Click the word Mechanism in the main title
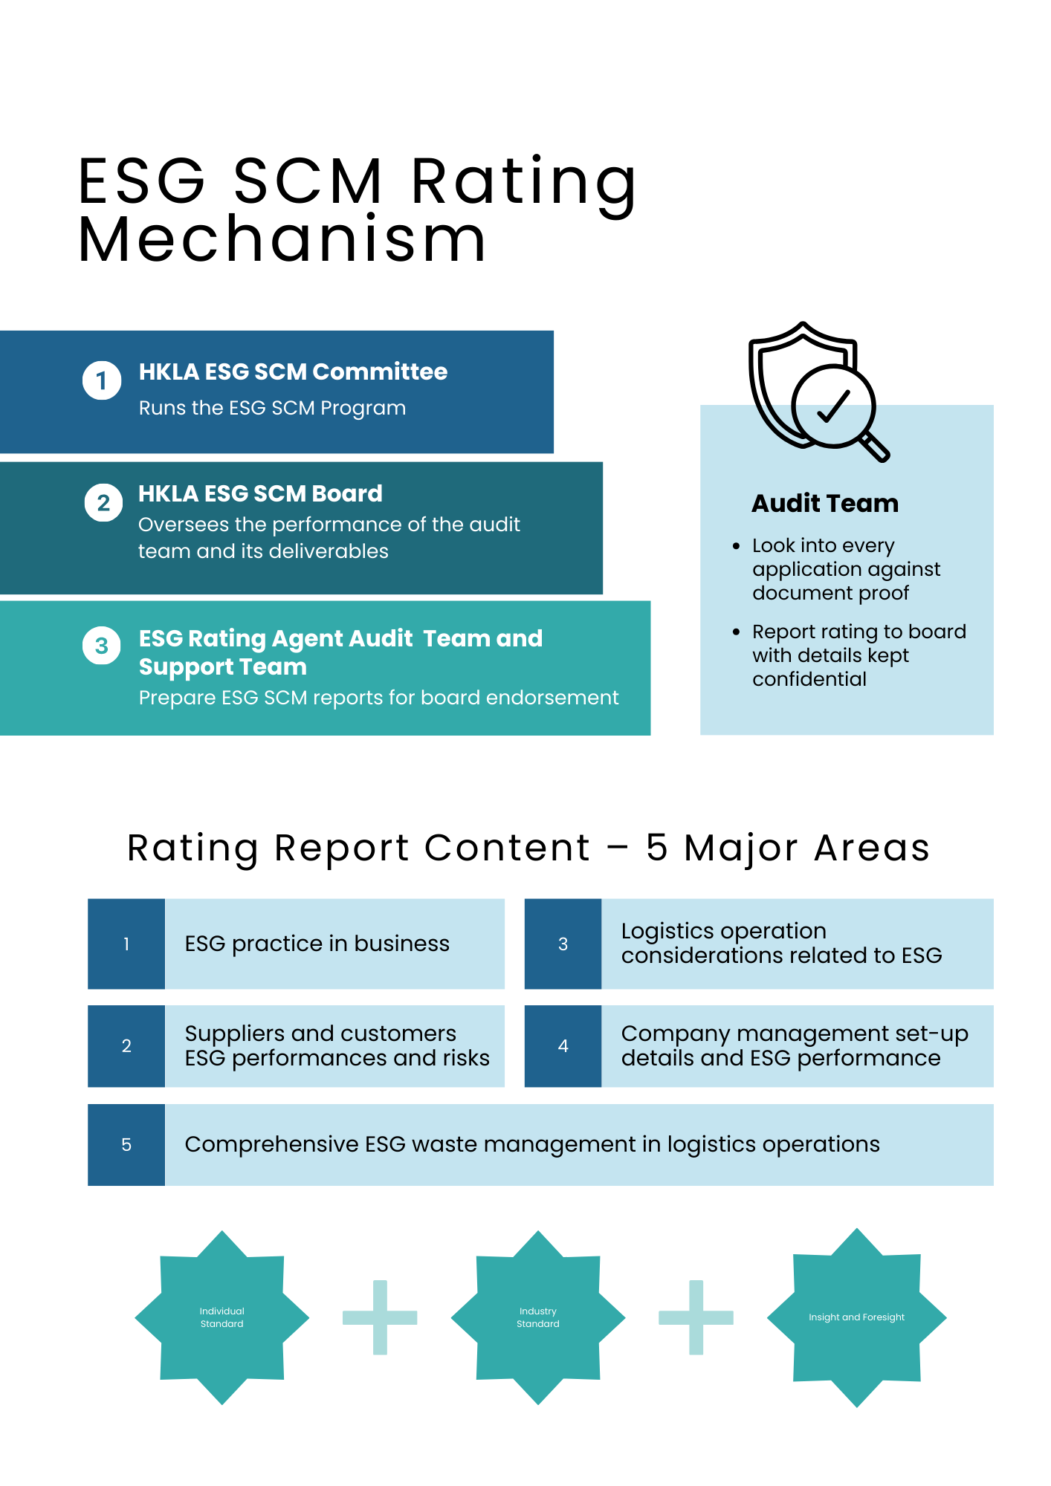282,240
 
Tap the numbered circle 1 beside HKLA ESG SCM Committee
102,380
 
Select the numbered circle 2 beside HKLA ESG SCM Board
103,503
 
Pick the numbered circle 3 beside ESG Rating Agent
102,646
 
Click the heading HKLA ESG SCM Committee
293,371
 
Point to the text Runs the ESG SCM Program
272,408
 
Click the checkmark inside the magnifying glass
833,406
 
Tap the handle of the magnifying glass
875,447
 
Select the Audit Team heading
825,504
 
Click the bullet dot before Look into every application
736,546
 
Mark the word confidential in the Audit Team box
809,679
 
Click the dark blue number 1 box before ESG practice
126,944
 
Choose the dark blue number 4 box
563,1046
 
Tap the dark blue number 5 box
126,1145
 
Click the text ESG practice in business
317,944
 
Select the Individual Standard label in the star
221,1317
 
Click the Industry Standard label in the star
538,1317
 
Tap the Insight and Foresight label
856,1317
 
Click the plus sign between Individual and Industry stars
380,1317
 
